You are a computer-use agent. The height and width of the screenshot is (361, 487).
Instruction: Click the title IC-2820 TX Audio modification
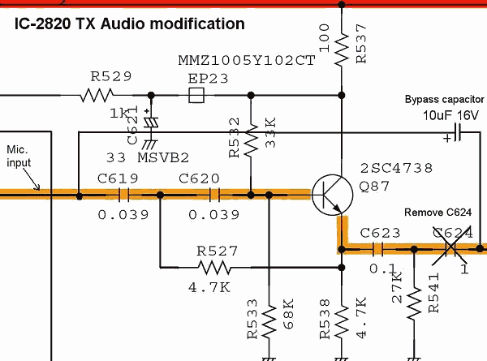click(129, 24)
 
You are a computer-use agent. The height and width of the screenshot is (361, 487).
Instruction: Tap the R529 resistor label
click(111, 77)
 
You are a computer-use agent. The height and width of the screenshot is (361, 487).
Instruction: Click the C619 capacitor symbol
click(124, 195)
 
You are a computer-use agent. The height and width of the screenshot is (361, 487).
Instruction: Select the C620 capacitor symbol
click(215, 195)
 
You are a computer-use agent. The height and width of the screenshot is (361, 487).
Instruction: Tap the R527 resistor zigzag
click(213, 268)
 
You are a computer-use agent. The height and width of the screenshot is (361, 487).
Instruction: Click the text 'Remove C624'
click(438, 213)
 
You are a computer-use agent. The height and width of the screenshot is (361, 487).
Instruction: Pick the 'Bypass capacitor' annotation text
click(444, 99)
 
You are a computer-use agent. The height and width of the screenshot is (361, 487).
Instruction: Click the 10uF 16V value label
click(450, 116)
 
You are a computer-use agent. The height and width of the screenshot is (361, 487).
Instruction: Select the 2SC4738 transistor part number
click(395, 169)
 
